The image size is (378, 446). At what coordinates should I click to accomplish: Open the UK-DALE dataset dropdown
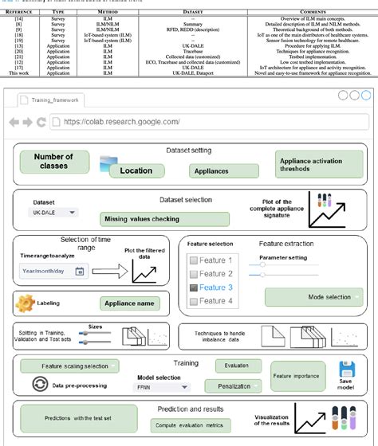coord(55,213)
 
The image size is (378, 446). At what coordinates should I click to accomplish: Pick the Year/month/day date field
coord(53,271)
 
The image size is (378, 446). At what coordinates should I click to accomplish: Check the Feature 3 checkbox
coord(195,288)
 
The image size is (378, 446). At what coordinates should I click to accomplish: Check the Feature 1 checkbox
coord(195,260)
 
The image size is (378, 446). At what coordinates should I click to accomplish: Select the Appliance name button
coord(130,303)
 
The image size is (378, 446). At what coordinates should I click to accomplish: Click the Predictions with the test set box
coord(75,418)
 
